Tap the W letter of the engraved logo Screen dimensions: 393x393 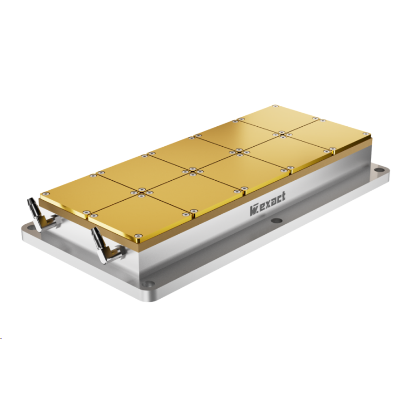(253, 211)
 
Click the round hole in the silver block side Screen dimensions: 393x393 (277, 221)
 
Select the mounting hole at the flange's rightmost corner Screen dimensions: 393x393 (379, 170)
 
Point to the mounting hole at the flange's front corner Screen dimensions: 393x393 (148, 284)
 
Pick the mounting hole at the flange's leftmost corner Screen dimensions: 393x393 (30, 227)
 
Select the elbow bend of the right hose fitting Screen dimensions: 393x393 (105, 257)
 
